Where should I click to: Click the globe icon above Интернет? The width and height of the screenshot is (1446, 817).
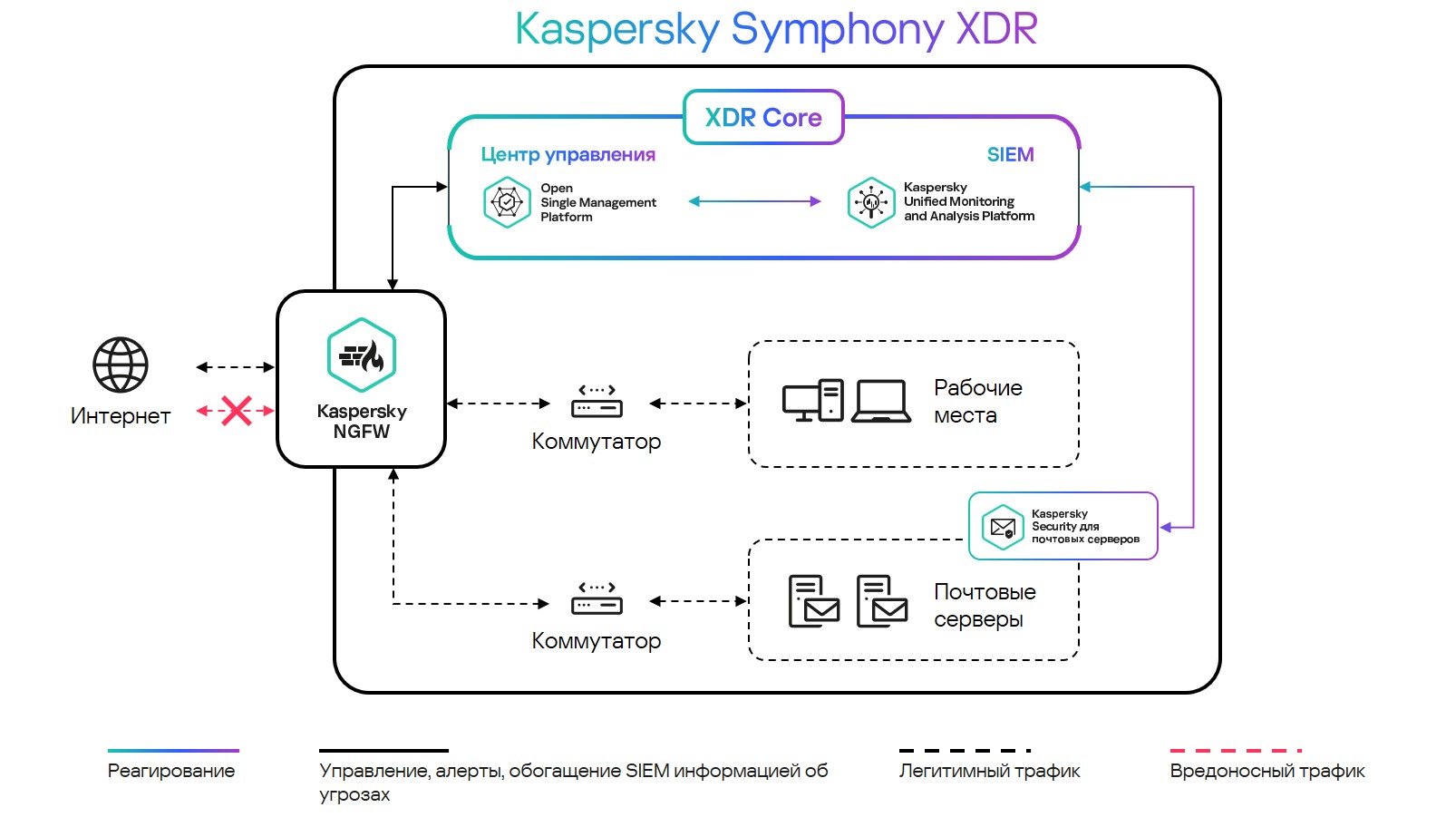[121, 365]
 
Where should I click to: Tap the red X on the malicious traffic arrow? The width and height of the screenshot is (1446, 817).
[236, 411]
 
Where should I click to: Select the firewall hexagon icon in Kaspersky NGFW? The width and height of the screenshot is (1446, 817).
[362, 355]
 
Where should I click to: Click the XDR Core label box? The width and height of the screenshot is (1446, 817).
[763, 117]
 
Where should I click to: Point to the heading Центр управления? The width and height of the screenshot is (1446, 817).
[568, 154]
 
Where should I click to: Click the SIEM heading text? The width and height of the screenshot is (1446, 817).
[1010, 154]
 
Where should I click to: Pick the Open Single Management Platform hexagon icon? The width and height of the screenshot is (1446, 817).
[507, 202]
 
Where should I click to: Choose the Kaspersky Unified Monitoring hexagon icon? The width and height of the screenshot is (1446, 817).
[871, 202]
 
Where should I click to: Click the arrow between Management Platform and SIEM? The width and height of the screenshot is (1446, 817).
[754, 201]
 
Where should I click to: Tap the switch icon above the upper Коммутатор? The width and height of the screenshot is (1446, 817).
[597, 401]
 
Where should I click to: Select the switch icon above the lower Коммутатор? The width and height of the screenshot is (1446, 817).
[597, 599]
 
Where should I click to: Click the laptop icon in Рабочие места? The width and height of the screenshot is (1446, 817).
[881, 401]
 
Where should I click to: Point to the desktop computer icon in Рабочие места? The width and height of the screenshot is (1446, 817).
[813, 401]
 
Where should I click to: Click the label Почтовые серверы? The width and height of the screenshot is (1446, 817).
[985, 606]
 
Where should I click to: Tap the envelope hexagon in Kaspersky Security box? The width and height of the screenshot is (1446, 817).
[1003, 527]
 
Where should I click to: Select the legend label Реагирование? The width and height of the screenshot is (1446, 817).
[171, 771]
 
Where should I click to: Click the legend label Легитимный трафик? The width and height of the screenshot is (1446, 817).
[989, 771]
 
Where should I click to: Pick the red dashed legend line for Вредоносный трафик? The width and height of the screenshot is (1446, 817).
[1236, 751]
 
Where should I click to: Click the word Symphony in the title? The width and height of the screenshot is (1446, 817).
[838, 29]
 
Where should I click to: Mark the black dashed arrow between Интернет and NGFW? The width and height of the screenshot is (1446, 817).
[236, 367]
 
